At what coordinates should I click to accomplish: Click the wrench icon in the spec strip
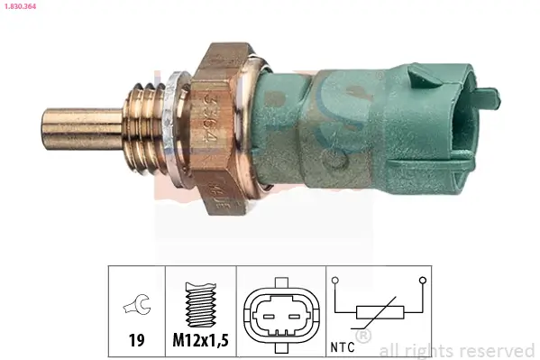(x=136, y=306)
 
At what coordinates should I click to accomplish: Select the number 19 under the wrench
(x=136, y=341)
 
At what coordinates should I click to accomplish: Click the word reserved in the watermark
(x=498, y=350)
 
